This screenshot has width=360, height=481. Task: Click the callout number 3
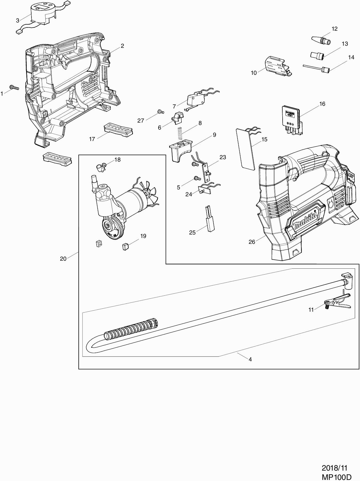pos(18,20)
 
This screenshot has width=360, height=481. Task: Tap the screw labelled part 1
pos(14,87)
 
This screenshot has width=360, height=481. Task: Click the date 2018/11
pos(335,468)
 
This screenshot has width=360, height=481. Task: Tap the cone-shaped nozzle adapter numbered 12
pos(321,40)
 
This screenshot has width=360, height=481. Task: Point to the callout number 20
pos(63,259)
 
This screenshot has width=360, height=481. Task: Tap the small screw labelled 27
pos(160,112)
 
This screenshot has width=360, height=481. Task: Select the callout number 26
pos(252,242)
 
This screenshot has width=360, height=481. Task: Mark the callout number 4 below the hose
pos(250,359)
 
